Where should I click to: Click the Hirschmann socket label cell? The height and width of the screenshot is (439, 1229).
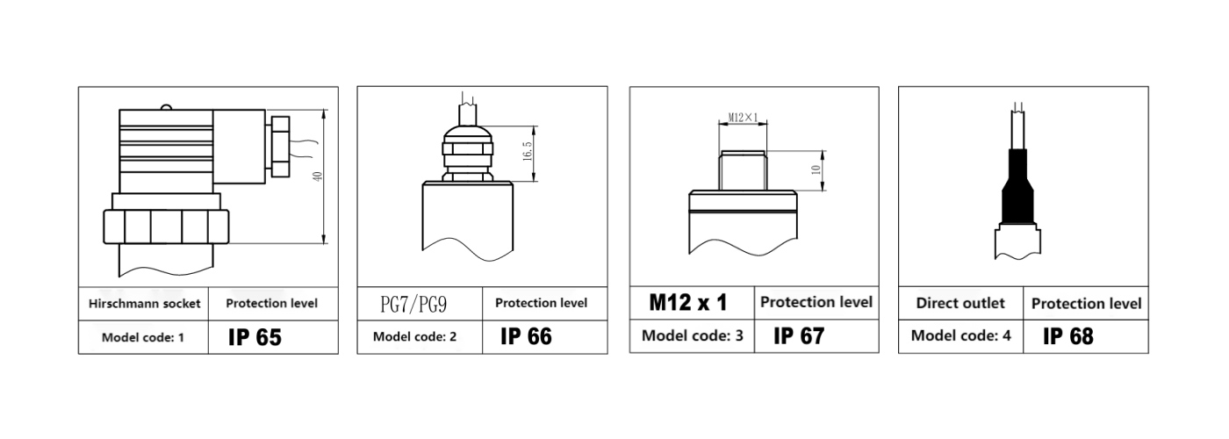(144, 304)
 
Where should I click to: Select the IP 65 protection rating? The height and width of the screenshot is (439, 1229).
(255, 337)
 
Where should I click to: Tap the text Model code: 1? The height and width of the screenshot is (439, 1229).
(142, 337)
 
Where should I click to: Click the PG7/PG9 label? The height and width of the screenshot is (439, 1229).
(413, 304)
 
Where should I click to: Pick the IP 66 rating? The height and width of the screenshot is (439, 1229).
(526, 336)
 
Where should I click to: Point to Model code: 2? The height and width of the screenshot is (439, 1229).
(414, 336)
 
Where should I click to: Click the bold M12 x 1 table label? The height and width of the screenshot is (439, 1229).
(688, 302)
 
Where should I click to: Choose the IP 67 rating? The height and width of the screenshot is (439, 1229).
(799, 335)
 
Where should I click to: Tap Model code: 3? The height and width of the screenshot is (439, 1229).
(693, 335)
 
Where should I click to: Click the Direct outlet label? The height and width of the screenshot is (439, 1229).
(960, 303)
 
